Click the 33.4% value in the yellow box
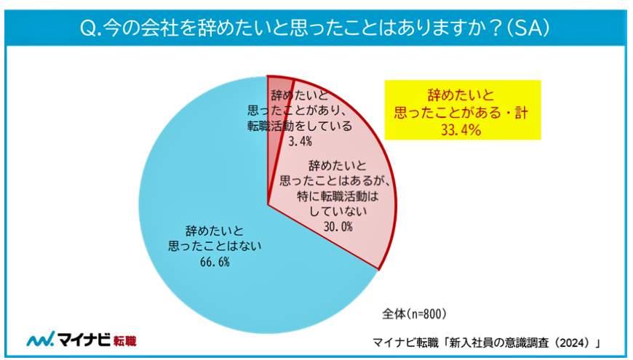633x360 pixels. click(463, 129)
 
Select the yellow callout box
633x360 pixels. click(463, 110)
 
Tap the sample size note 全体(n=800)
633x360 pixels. click(414, 314)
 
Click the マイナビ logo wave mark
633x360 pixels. click(41, 340)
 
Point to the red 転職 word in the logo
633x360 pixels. click(125, 340)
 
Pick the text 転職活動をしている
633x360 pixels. click(298, 125)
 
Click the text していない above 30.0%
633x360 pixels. click(335, 212)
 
